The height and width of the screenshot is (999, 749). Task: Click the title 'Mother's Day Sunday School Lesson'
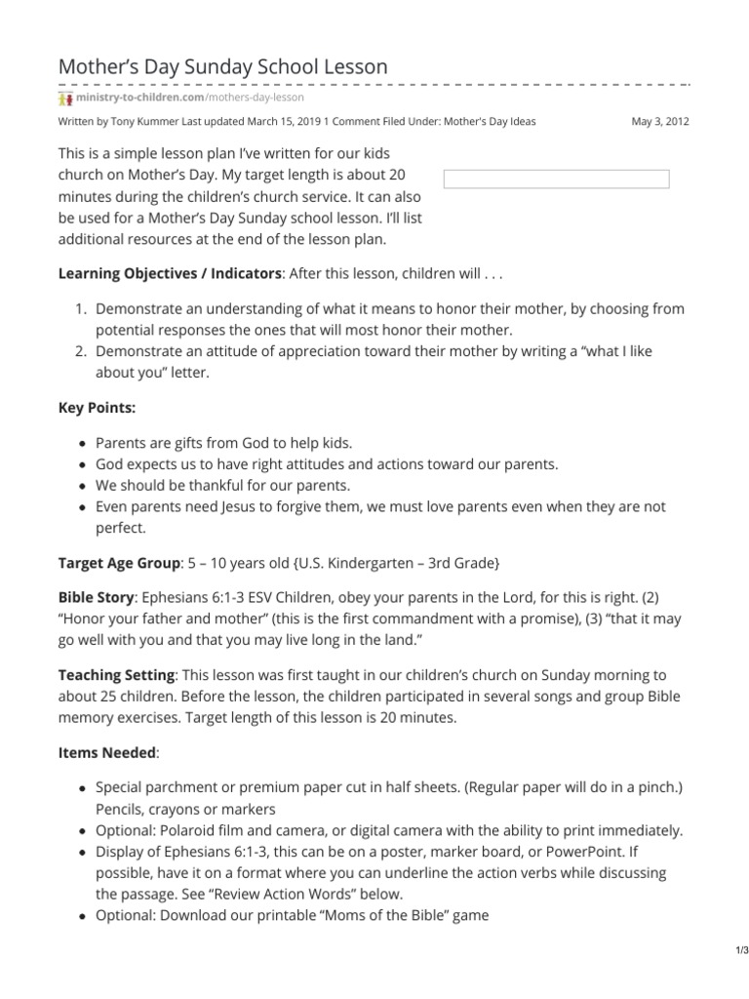[x=223, y=66]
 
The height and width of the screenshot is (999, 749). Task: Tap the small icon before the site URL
[x=65, y=98]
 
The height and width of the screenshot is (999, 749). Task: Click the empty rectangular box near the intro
[x=556, y=179]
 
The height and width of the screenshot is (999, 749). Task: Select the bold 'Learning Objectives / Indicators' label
[x=170, y=273]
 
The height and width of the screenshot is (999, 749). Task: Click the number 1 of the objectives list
[x=81, y=308]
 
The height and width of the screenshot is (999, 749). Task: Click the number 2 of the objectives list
[x=81, y=351]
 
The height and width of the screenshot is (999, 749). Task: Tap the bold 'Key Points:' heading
[x=98, y=408]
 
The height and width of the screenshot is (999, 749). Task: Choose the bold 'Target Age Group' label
[x=120, y=563]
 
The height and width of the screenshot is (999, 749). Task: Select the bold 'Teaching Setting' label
[x=117, y=674]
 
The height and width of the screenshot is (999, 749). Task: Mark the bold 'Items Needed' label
[x=106, y=752]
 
